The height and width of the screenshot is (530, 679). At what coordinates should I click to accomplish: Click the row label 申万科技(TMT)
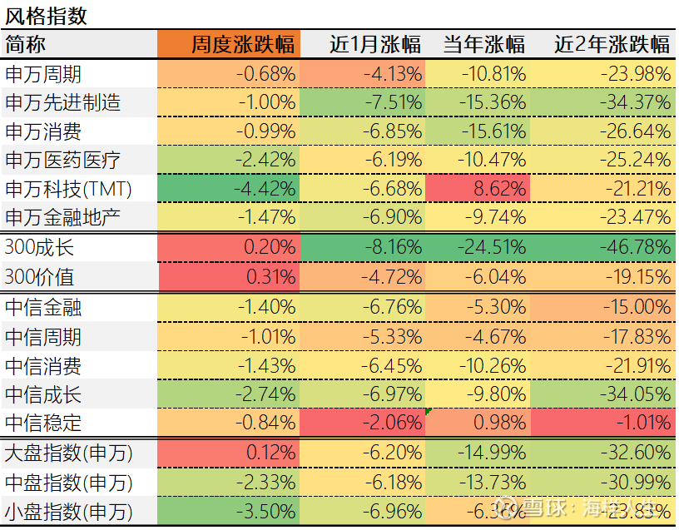tap(69, 189)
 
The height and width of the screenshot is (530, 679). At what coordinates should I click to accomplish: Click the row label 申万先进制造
tap(62, 102)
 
